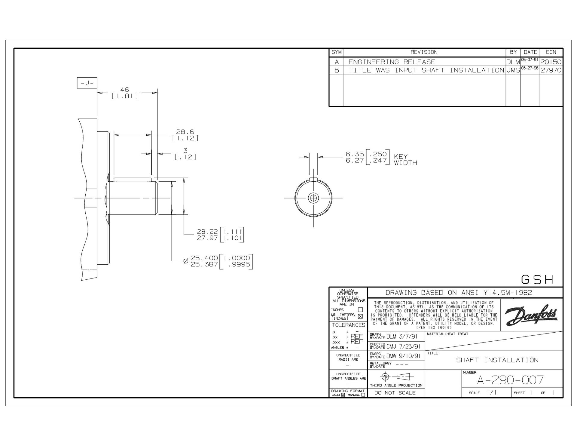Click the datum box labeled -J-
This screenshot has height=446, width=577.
(x=87, y=83)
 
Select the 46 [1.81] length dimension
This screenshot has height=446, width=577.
(x=125, y=93)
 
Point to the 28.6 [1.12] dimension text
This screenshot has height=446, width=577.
(x=185, y=135)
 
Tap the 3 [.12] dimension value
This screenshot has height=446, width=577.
(x=185, y=154)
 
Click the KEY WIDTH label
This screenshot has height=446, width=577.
(x=405, y=160)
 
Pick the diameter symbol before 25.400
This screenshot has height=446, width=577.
(x=186, y=261)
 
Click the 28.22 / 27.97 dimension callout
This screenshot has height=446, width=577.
(x=220, y=235)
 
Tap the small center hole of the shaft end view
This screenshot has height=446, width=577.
(x=313, y=198)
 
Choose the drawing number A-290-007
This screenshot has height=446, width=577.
(x=510, y=380)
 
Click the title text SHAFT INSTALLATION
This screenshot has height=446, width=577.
(x=497, y=360)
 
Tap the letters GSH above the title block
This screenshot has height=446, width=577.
(x=537, y=280)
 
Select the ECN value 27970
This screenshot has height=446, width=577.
(x=551, y=70)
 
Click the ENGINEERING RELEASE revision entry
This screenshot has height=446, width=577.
(x=392, y=62)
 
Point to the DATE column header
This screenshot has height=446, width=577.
(x=530, y=52)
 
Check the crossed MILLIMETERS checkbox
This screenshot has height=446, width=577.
(x=360, y=316)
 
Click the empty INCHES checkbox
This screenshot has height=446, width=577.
(x=360, y=310)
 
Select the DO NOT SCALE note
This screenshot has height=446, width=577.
(x=395, y=393)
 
